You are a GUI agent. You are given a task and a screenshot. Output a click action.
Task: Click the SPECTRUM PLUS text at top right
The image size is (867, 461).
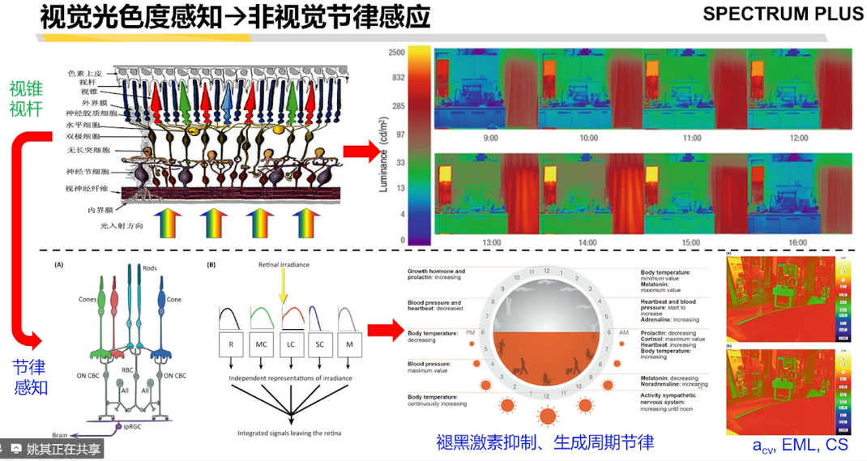click(783, 14)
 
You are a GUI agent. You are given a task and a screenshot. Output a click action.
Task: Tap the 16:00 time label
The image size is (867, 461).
click(798, 242)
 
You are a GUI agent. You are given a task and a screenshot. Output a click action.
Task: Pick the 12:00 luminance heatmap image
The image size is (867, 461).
click(797, 89)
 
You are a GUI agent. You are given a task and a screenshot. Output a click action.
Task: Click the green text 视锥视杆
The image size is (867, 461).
click(26, 97)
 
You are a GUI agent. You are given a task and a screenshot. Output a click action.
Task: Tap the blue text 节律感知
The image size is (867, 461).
click(31, 378)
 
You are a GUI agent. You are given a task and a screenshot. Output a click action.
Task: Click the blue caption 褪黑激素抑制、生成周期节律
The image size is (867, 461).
click(545, 442)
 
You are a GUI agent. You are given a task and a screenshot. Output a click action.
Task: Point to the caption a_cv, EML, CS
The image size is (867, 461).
click(799, 446)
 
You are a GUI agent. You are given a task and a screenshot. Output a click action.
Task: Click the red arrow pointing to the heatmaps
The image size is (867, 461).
click(362, 151)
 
